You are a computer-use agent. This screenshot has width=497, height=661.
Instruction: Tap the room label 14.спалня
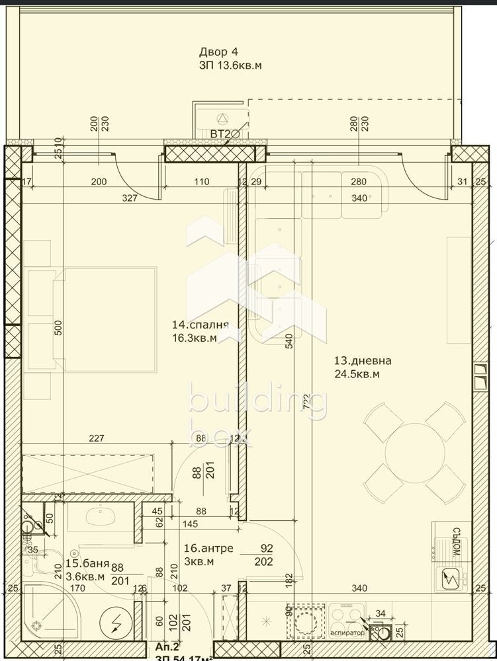200,325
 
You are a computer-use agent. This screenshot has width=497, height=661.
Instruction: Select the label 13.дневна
363,361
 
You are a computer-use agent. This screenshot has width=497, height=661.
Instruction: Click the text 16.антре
202,549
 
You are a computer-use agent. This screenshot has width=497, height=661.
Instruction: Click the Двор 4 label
218,52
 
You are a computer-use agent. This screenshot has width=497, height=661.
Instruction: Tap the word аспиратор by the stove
347,633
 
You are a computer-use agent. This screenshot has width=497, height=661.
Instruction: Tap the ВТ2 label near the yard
220,135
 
